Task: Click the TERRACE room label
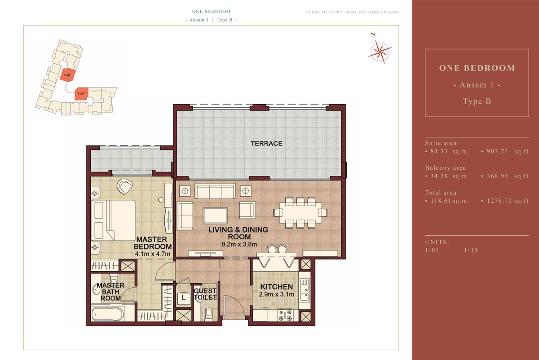click(266, 144)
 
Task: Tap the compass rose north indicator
click(380, 51)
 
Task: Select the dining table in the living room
click(300, 213)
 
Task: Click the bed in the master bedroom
click(113, 220)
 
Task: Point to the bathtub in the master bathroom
click(108, 314)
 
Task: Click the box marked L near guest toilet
click(183, 298)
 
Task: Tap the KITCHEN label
click(277, 287)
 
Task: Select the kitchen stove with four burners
click(285, 315)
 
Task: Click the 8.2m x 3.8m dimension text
click(239, 244)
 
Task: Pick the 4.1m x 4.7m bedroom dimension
click(153, 254)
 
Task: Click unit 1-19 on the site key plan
click(66, 75)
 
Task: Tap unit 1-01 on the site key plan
click(81, 94)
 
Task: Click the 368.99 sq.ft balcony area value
click(505, 176)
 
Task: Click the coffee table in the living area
click(215, 216)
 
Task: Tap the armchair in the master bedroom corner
click(125, 187)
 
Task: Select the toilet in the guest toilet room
click(208, 314)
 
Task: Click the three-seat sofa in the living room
click(215, 191)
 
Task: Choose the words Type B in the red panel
click(477, 101)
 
